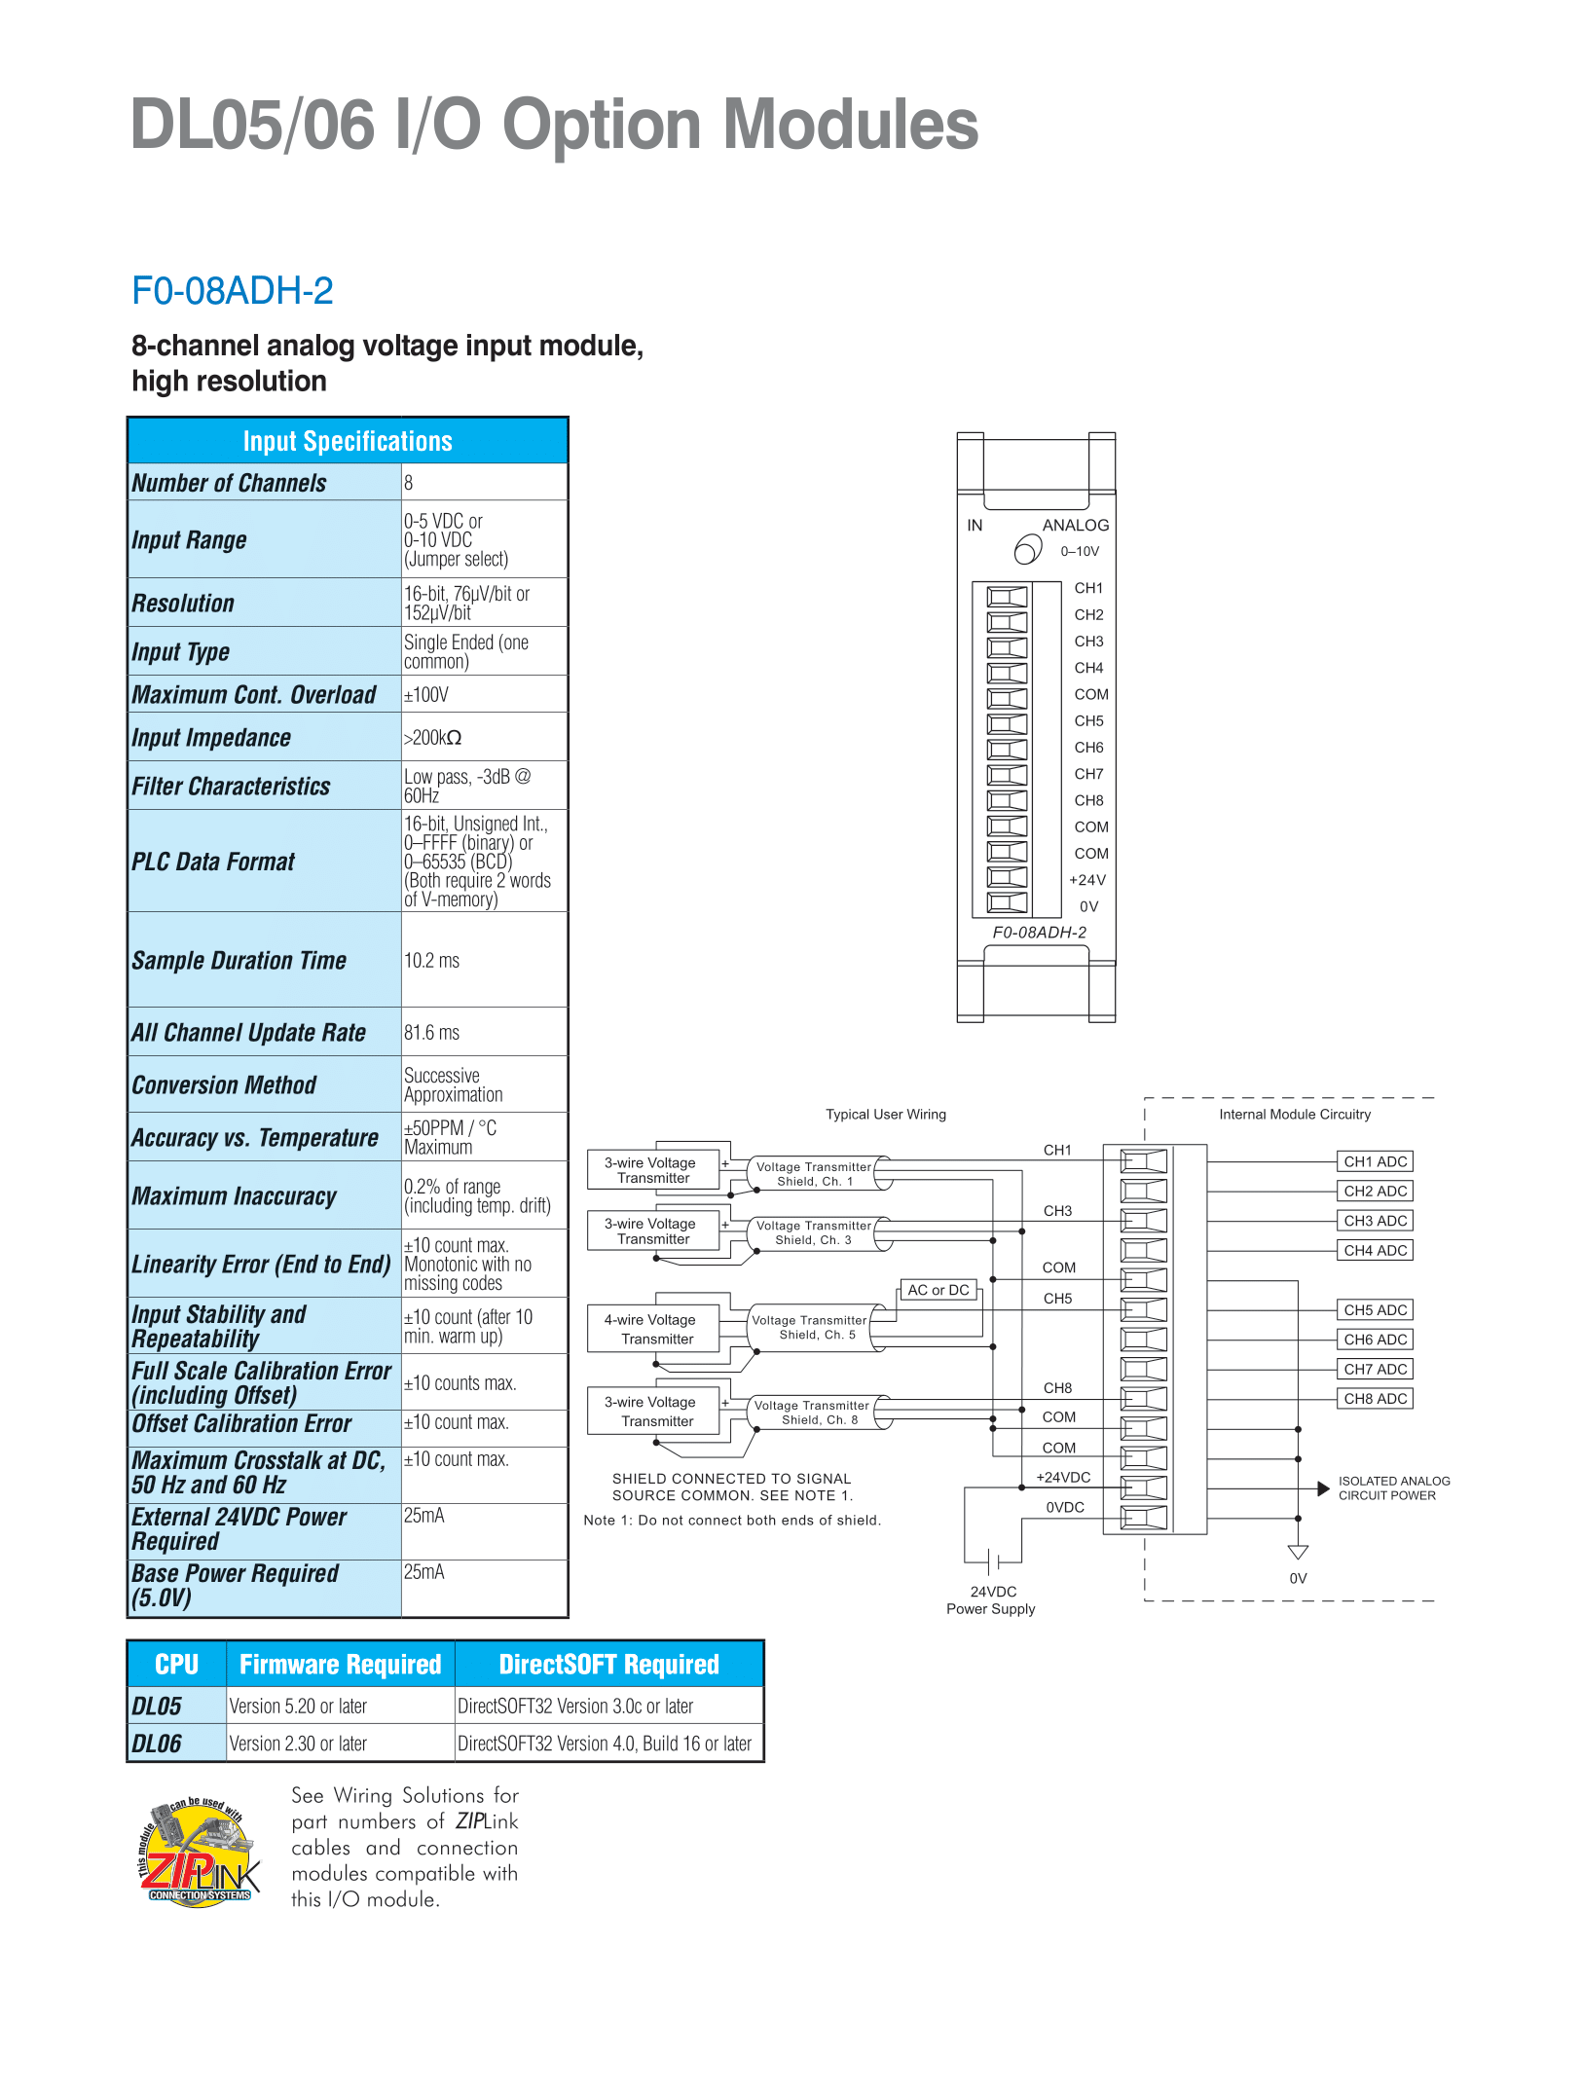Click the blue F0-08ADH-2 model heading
[233, 291]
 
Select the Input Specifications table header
[348, 441]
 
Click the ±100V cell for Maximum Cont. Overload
[426, 695]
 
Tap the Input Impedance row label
[211, 738]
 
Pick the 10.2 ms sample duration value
[431, 961]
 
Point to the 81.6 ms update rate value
[431, 1033]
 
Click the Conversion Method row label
[224, 1085]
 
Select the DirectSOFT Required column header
[609, 1665]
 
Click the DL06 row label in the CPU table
[157, 1744]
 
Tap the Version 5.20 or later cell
[298, 1707]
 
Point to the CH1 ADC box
[1376, 1161]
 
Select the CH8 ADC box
[1376, 1399]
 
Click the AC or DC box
[938, 1290]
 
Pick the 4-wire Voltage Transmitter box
[653, 1329]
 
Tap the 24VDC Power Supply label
[991, 1600]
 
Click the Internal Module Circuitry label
[1295, 1115]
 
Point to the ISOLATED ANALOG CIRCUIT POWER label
[1394, 1488]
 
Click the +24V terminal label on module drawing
[1087, 880]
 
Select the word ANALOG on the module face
[1076, 526]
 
